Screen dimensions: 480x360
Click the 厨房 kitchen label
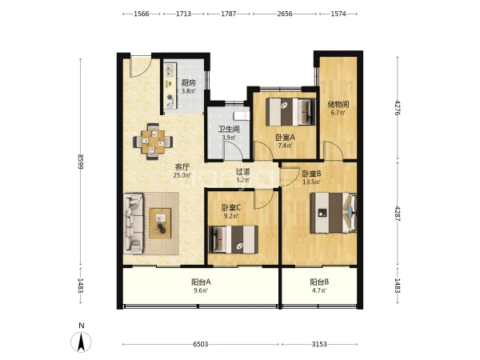click(189, 82)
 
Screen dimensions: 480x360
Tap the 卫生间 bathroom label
click(229, 129)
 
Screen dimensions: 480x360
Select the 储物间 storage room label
click(338, 104)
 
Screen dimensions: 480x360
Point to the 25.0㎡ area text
click(182, 175)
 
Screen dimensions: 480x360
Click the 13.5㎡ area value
click(311, 182)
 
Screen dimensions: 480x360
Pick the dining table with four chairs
click(153, 142)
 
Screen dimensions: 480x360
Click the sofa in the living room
click(133, 223)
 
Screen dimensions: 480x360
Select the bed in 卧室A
click(291, 112)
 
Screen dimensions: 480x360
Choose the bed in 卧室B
click(334, 213)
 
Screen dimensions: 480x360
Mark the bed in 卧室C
click(233, 240)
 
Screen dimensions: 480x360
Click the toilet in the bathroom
click(242, 116)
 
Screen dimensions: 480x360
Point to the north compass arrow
click(81, 342)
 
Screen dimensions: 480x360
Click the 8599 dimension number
click(81, 162)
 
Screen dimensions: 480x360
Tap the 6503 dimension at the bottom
click(201, 344)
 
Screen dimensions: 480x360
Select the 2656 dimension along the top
click(285, 14)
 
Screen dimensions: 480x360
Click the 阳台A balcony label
click(201, 282)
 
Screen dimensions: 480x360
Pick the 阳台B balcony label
click(319, 282)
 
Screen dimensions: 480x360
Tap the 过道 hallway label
click(243, 172)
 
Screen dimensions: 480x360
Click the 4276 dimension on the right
click(398, 108)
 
